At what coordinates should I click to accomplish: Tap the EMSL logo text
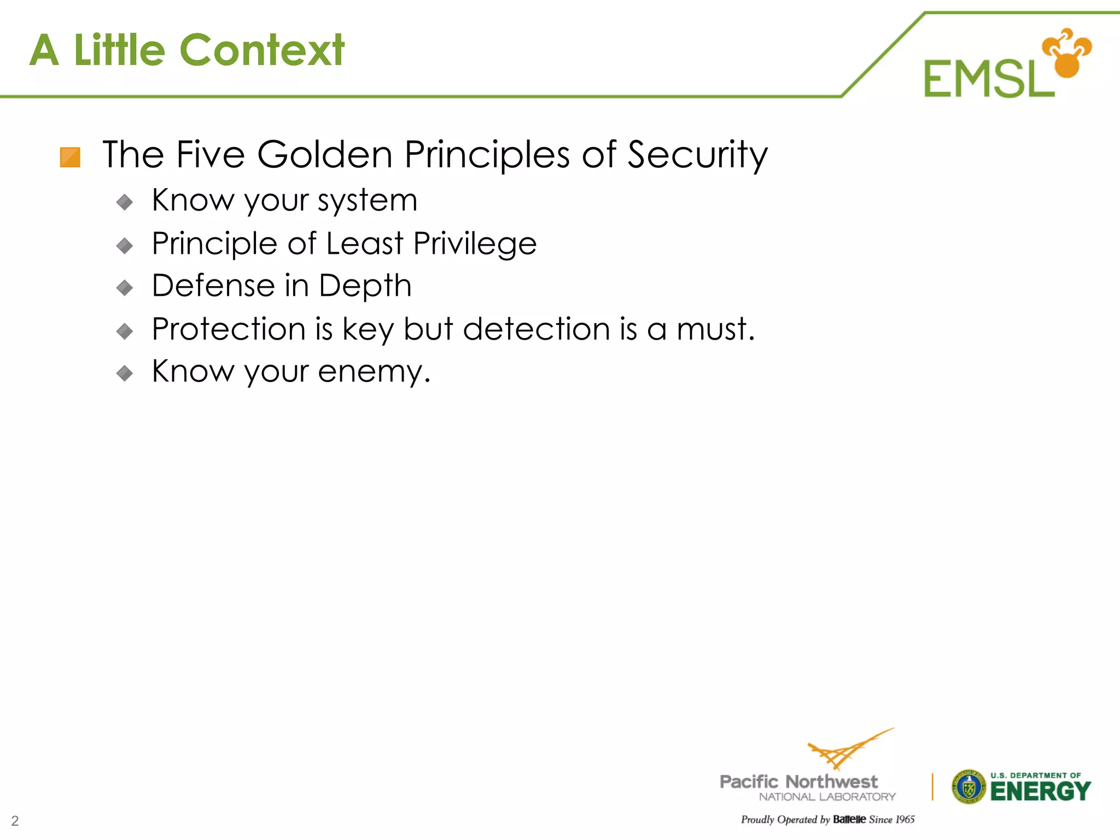[989, 79]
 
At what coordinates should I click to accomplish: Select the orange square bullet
[70, 157]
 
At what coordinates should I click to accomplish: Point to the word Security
[697, 155]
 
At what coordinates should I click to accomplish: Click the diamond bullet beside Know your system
[125, 202]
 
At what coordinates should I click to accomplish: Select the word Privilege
[475, 243]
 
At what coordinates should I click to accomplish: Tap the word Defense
[213, 285]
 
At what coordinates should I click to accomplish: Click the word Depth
[365, 287]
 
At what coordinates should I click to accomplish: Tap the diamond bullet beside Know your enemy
[125, 374]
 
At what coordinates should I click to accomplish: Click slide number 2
[15, 821]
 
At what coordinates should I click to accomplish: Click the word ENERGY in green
[1040, 791]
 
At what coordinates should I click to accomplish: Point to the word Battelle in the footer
[849, 819]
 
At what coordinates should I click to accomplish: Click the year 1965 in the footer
[905, 819]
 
